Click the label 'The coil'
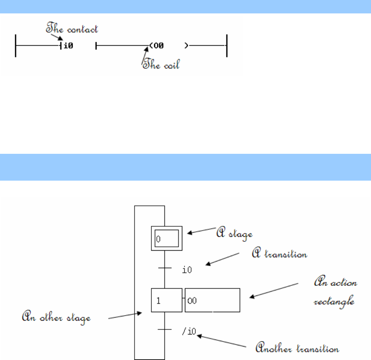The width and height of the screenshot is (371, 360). pos(161,65)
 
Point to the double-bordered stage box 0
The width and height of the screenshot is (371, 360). pos(166,238)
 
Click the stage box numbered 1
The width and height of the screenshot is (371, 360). pos(166,300)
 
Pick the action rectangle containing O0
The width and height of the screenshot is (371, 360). pos(212,300)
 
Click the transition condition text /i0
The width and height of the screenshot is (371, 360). pos(188,332)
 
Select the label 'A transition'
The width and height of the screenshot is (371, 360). pos(279,254)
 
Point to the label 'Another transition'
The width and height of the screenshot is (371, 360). pos(297,348)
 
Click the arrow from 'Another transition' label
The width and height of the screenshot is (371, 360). pos(222,341)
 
